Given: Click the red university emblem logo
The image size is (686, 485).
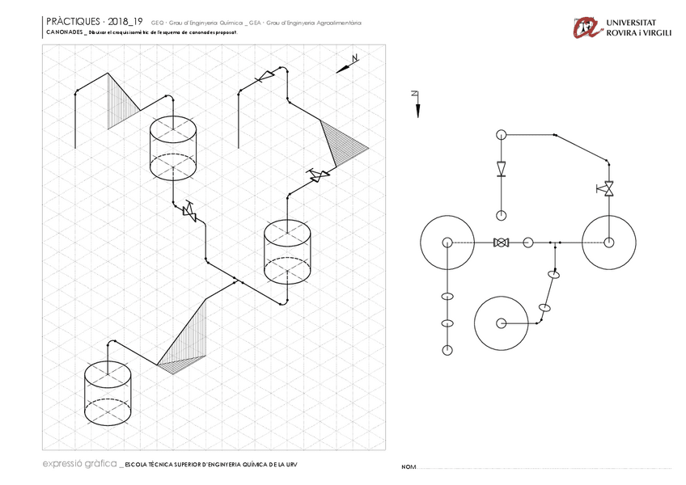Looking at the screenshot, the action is pyautogui.click(x=586, y=27).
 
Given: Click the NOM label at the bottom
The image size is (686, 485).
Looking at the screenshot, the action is pyautogui.click(x=409, y=467).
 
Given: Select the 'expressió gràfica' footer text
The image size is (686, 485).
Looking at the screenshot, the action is pyautogui.click(x=78, y=464).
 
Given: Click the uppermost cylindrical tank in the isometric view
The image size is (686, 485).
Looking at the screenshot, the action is pyautogui.click(x=174, y=147).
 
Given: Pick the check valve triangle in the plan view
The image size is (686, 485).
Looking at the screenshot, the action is pyautogui.click(x=501, y=168).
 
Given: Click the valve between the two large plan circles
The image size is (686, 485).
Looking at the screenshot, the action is pyautogui.click(x=501, y=242).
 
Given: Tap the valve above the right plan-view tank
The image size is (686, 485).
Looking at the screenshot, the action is pyautogui.click(x=607, y=188).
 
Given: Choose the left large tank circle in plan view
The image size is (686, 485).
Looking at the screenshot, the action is pyautogui.click(x=447, y=242).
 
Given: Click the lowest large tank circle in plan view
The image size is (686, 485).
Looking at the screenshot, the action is pyautogui.click(x=502, y=323).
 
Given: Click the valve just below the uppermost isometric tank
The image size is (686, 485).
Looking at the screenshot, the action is pyautogui.click(x=191, y=212).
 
